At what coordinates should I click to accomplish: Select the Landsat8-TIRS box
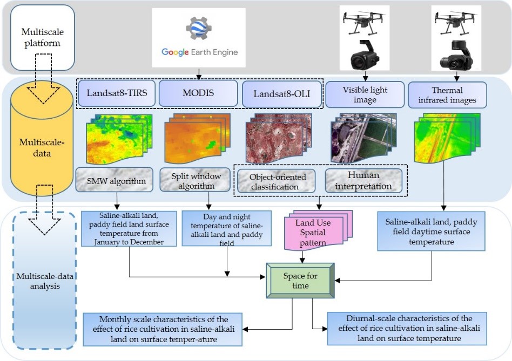click(112, 93)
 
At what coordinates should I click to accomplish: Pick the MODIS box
click(198, 93)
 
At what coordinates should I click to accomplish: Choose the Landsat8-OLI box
click(281, 94)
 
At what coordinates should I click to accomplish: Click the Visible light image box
click(366, 94)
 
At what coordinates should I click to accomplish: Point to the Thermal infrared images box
click(447, 94)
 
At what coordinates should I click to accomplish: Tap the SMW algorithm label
click(117, 181)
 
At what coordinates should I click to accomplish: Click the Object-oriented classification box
click(278, 181)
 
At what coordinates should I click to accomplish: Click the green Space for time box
click(300, 281)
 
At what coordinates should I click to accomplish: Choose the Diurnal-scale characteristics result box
click(407, 328)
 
